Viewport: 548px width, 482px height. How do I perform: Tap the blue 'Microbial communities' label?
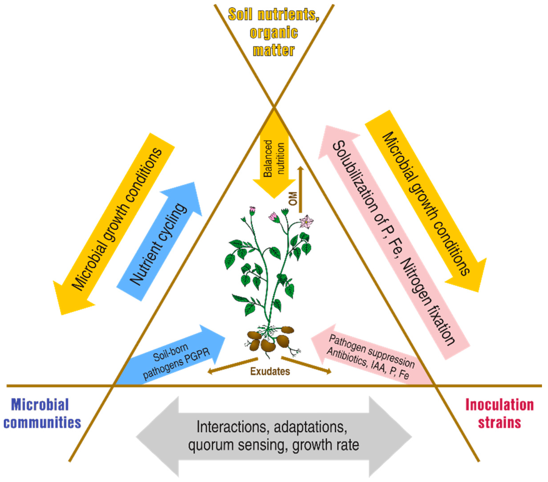coord(42,413)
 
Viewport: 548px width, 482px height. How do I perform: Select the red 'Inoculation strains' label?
coord(499,413)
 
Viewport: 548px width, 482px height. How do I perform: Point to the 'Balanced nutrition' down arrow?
coord(274,161)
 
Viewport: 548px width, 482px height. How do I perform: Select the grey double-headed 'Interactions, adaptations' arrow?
coord(274,437)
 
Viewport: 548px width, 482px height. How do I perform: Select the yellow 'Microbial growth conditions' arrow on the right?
coord(426,201)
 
